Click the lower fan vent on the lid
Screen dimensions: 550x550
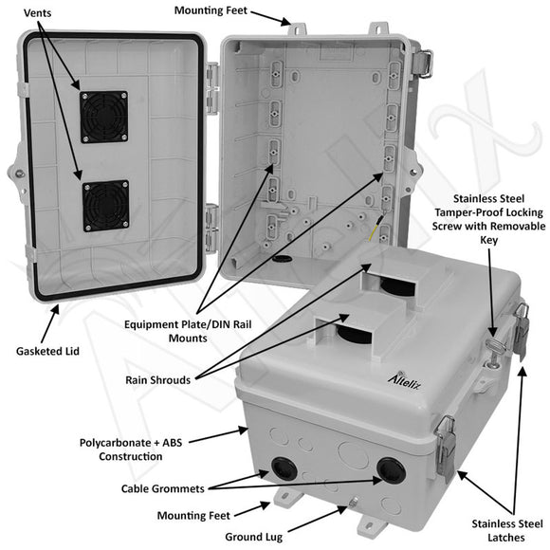(x=104, y=205)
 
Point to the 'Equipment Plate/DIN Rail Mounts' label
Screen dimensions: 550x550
(x=191, y=331)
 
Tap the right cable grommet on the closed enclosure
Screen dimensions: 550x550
(x=388, y=469)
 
